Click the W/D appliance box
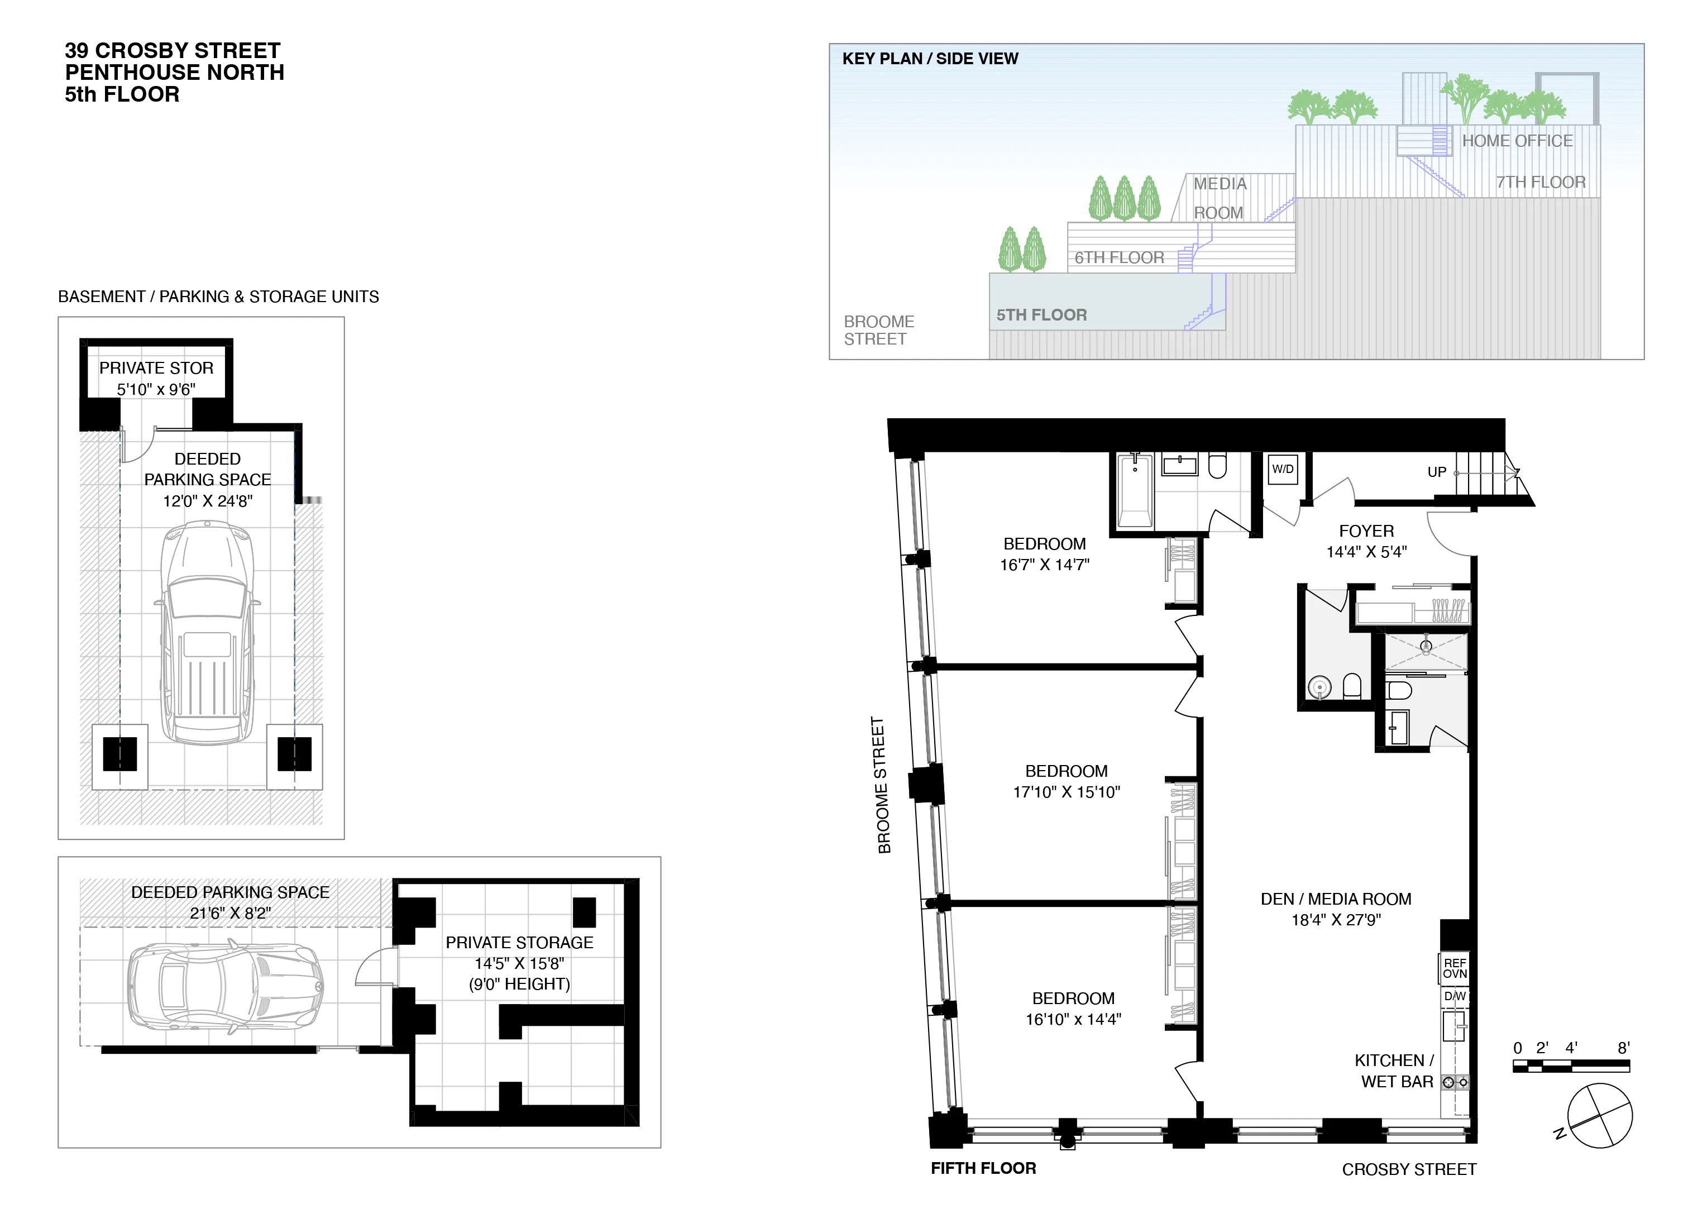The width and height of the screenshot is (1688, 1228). point(1283,470)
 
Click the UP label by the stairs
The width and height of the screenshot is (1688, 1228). point(1436,472)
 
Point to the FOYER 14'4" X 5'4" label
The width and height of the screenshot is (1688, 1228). point(1366,541)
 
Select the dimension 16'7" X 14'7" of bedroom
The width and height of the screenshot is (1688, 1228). point(1044,565)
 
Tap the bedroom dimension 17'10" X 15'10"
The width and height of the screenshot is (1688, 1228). point(1066,792)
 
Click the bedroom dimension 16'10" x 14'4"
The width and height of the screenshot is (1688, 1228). point(1073,1020)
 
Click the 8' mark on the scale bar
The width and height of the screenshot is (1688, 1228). point(1623,1048)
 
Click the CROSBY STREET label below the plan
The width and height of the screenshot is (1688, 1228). point(1408,1170)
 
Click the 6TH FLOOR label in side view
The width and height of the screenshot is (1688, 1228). point(1118,257)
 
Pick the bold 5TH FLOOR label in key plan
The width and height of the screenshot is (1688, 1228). point(1041,315)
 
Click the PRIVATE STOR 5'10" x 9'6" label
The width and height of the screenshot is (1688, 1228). point(156,378)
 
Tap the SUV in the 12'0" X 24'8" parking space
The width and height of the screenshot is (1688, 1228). point(207,633)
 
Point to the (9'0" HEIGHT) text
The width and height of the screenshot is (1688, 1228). point(519,984)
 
